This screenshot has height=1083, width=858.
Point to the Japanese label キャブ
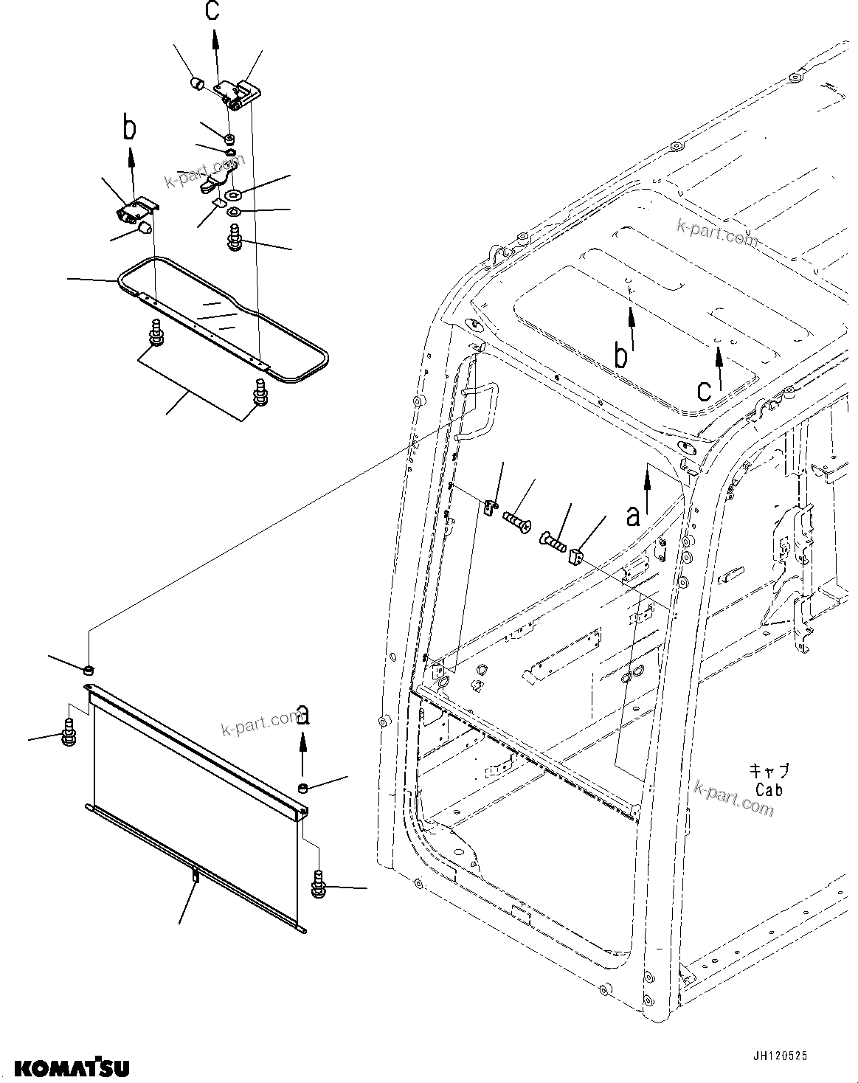[x=769, y=771]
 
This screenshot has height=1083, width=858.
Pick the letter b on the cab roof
[x=622, y=356]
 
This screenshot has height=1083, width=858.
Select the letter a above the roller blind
[x=302, y=715]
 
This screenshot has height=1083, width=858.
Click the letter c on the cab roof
[x=705, y=388]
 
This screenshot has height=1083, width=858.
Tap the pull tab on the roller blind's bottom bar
[x=196, y=876]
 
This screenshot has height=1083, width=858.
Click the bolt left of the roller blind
[x=68, y=733]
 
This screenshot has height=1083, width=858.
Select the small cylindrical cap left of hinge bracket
[x=198, y=83]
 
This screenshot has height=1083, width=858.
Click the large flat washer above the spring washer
[x=235, y=196]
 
